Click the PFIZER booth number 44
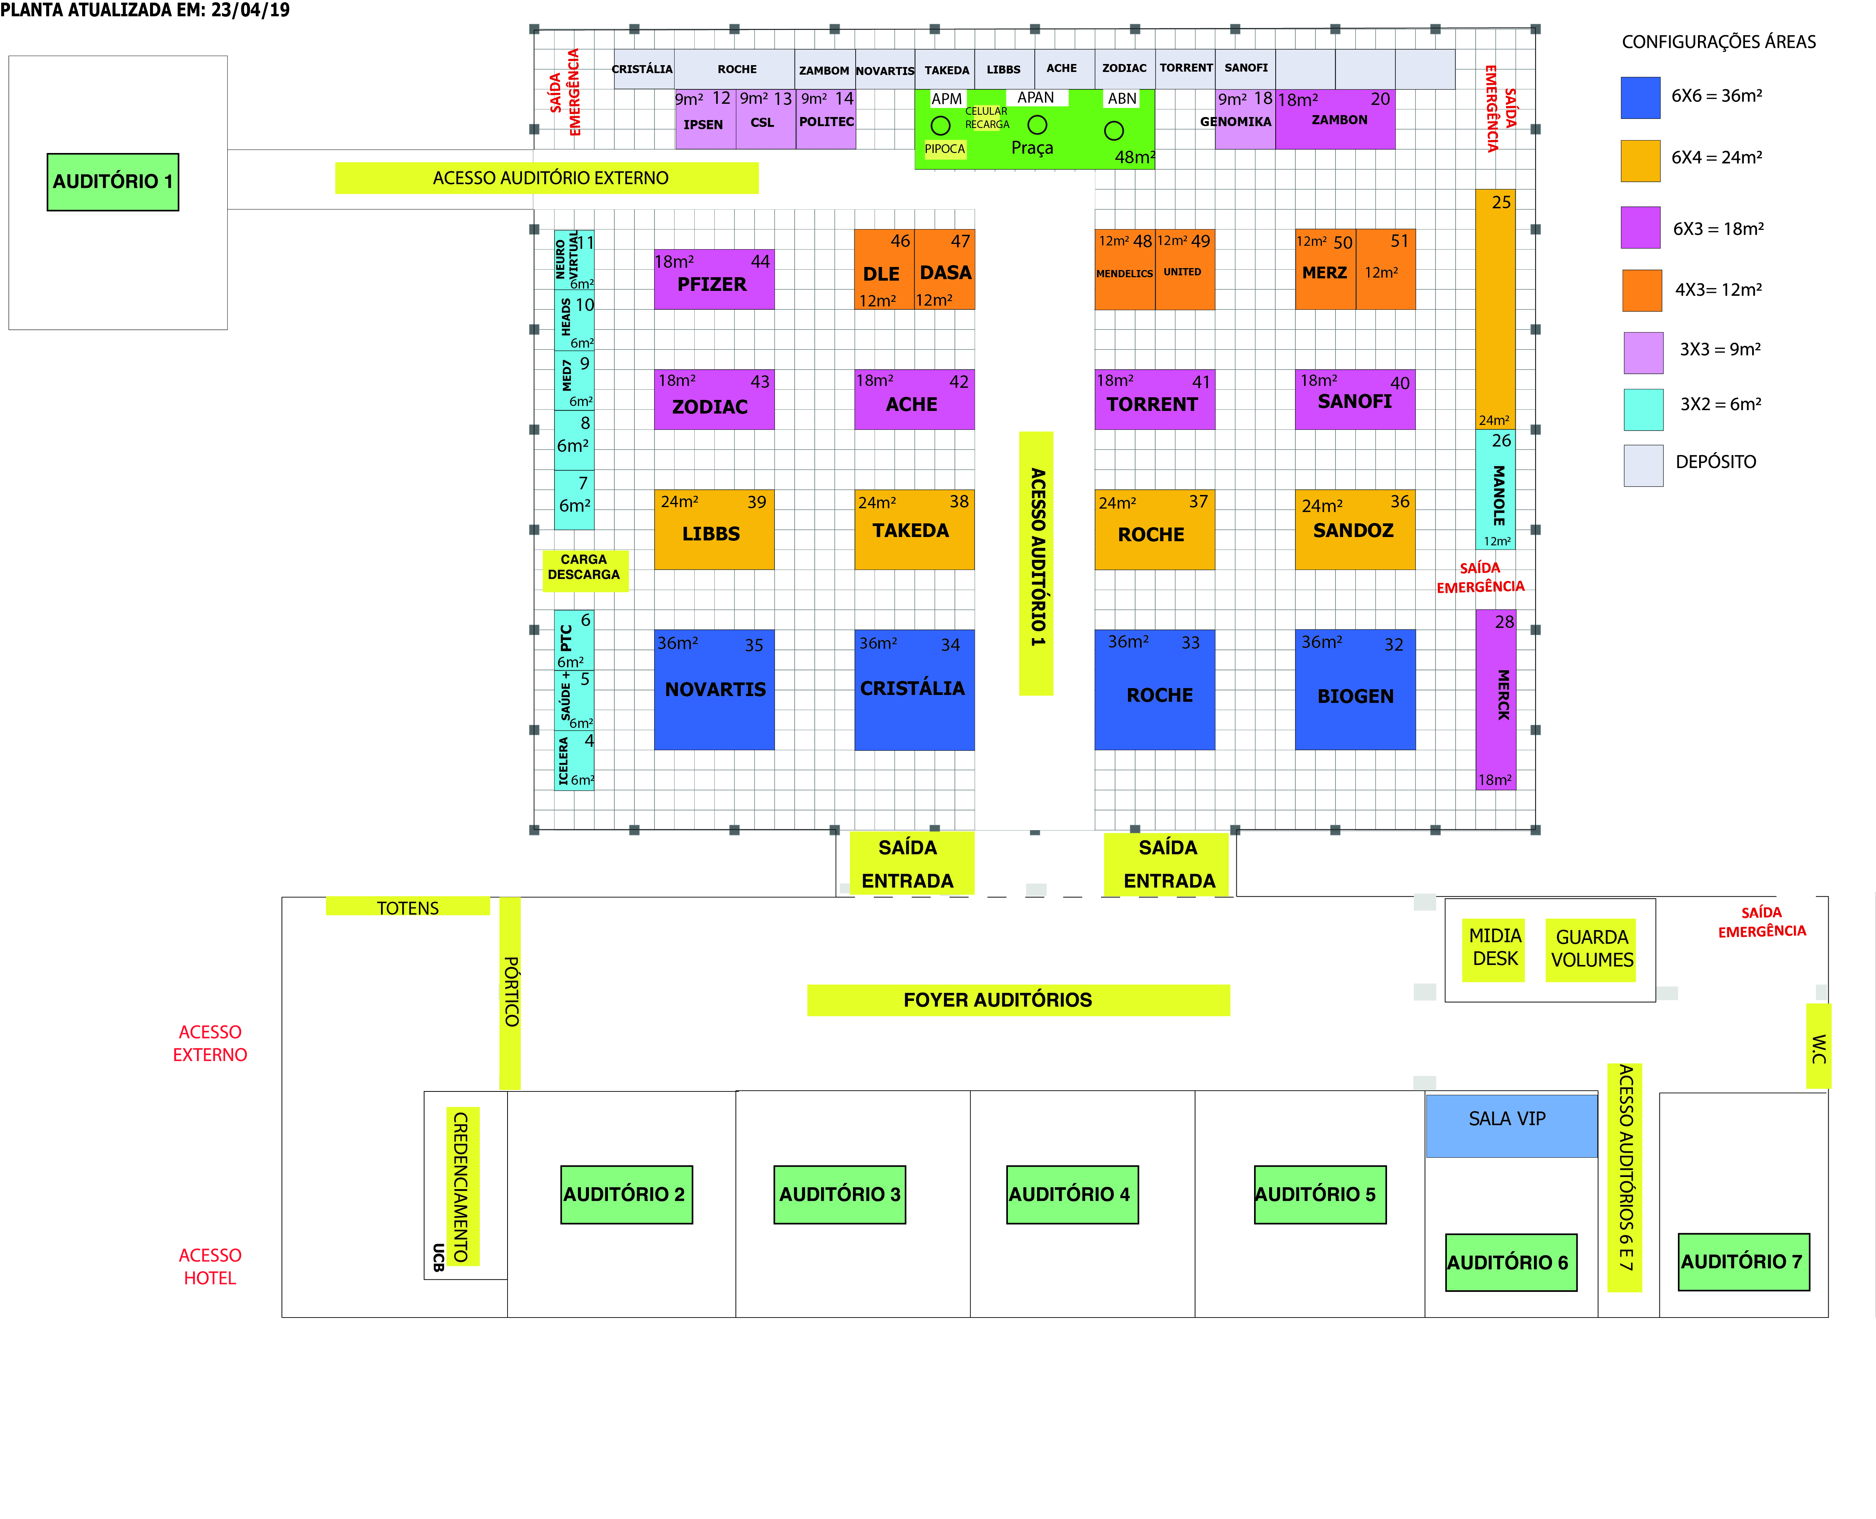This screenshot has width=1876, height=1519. click(761, 262)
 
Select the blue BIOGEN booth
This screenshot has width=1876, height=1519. click(1354, 690)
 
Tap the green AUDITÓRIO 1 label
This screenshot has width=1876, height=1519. click(113, 182)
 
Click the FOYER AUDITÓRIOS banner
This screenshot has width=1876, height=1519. click(1018, 1000)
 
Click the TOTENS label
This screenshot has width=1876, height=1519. click(408, 907)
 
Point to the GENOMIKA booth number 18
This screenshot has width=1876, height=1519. click(1263, 99)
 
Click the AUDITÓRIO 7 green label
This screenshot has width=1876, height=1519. click(1743, 1262)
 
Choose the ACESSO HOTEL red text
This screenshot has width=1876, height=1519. click(210, 1266)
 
